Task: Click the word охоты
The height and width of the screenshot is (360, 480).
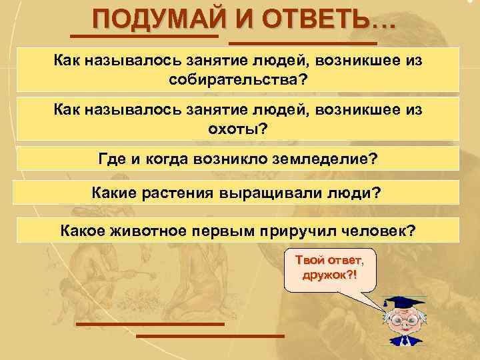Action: [237, 128]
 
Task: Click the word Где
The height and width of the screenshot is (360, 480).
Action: [110, 160]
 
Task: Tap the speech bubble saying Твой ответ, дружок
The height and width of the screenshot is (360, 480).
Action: [329, 269]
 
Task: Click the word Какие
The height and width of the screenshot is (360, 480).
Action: [113, 193]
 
